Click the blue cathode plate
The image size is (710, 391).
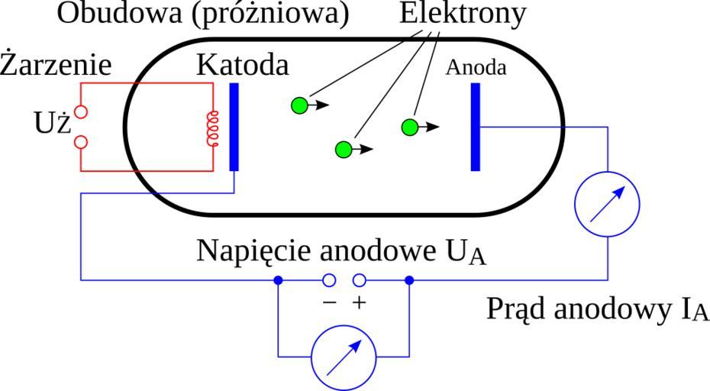click(234, 126)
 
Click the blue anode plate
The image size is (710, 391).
click(476, 126)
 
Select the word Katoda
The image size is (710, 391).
click(243, 66)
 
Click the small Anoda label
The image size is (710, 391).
click(476, 67)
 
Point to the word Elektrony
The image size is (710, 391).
click(463, 13)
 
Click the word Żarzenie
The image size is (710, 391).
click(56, 66)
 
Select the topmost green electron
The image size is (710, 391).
click(300, 105)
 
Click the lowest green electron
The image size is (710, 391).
click(344, 150)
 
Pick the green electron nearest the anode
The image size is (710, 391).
click(410, 127)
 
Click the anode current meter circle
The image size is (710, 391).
click(608, 202)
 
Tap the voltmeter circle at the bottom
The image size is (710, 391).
click(344, 356)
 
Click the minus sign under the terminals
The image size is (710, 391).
click(329, 302)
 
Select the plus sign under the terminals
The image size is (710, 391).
click(359, 302)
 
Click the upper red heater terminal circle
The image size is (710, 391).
click(81, 111)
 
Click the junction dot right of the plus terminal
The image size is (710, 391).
click(409, 280)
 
